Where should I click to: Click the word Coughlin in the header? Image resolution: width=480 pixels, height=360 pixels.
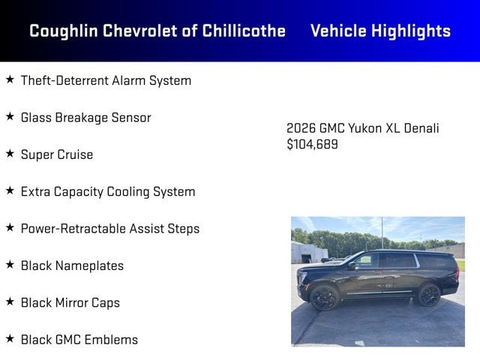coord(63,31)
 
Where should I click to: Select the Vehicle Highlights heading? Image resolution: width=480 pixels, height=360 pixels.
coord(380,31)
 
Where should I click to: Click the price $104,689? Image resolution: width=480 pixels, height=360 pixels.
coord(312,144)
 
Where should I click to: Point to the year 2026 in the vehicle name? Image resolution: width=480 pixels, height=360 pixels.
coord(301,128)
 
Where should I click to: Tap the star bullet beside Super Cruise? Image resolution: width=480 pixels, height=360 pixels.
coord(10,153)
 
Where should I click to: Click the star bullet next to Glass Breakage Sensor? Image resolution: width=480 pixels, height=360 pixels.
coord(10,116)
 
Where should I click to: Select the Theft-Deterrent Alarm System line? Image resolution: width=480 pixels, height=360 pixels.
coord(106,80)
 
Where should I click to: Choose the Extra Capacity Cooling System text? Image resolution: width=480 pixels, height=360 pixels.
coord(108,192)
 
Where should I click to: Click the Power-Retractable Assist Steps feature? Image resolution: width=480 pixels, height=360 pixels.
coord(110,229)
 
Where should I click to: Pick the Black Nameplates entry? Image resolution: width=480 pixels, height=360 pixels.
coord(72,265)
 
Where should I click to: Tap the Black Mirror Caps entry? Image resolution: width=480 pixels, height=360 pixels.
coord(70,303)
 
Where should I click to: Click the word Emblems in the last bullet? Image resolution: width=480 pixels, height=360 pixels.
coord(111,340)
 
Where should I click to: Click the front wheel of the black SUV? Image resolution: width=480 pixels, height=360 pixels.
coord(324,297)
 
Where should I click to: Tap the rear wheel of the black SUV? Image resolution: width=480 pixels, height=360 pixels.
coord(429,295)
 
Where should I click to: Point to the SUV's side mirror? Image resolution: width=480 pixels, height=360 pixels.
coord(352,265)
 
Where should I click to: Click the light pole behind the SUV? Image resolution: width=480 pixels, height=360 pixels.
coord(382,232)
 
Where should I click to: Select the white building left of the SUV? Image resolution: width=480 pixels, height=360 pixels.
coord(308,253)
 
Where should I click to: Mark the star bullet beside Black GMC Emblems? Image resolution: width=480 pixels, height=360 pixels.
coord(10,338)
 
